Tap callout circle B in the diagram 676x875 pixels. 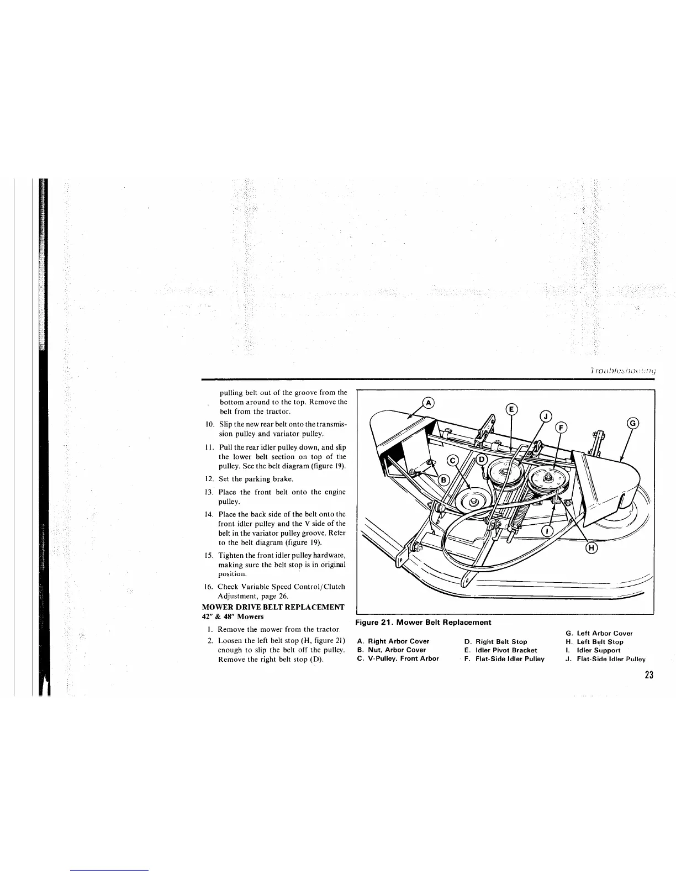[x=441, y=479]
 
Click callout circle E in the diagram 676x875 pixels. [x=511, y=409]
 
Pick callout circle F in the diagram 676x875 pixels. [x=562, y=427]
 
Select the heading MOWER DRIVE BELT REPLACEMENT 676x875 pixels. [x=273, y=607]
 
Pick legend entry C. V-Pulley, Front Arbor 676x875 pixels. [x=398, y=658]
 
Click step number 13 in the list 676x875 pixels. [x=209, y=492]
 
